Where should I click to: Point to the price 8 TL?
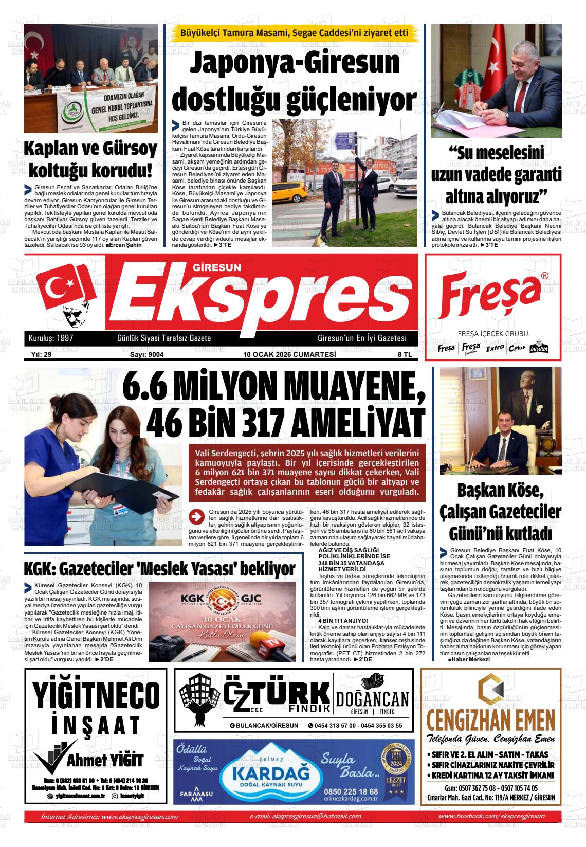tap(404, 354)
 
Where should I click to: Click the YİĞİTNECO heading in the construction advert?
tap(96, 695)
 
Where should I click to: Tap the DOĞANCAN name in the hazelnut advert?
tap(372, 699)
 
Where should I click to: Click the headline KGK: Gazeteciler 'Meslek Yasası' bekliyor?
tap(159, 569)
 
